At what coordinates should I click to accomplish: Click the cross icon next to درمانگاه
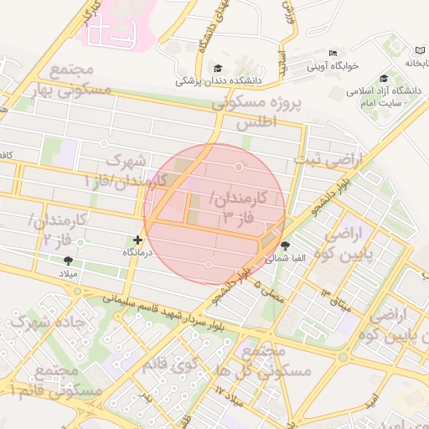tap(138, 240)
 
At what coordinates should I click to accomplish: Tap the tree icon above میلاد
tap(68, 261)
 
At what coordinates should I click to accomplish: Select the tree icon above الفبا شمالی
tap(287, 246)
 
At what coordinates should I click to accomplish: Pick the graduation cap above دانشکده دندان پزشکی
tap(219, 69)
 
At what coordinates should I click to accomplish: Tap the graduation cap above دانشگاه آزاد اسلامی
tap(384, 78)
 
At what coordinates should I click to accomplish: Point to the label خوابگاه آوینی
tap(332, 65)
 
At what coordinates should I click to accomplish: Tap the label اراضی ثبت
tap(330, 158)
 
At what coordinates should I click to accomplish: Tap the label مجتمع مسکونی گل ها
tap(268, 361)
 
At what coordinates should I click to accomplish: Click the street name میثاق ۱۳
tap(337, 299)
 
